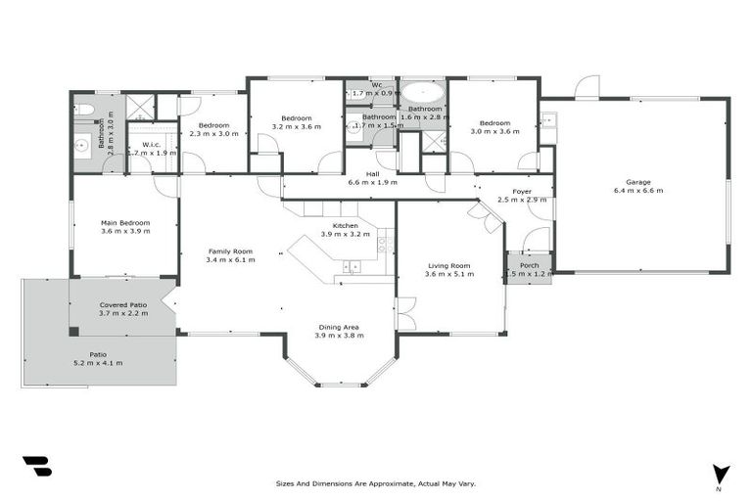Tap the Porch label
pos(529,265)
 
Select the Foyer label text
pos(521,191)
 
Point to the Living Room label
pos(449,265)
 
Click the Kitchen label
pos(346,226)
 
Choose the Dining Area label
pos(340,327)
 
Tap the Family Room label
pos(231,251)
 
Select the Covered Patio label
pos(123,305)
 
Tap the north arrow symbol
pos(721,473)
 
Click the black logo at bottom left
pos(36,466)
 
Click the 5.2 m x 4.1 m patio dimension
pos(97,363)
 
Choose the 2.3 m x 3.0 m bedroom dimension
pos(213,133)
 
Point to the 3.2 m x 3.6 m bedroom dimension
pos(296,126)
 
